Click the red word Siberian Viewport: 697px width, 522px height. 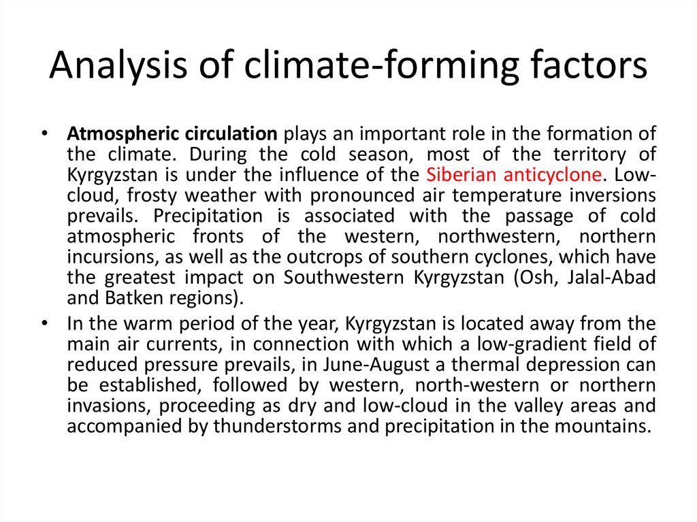(462, 174)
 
